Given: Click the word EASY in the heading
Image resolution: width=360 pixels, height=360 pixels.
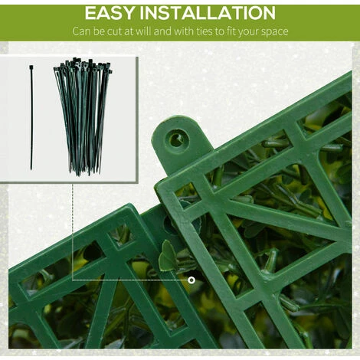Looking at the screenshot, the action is [x=109, y=13].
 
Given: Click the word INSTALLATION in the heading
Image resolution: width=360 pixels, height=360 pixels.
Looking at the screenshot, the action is [x=208, y=13].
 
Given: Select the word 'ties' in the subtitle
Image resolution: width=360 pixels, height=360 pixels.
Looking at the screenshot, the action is [x=204, y=31].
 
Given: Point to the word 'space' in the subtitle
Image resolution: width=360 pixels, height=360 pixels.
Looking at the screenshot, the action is [x=276, y=32].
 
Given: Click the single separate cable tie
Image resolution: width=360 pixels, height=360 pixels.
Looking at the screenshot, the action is [x=31, y=117].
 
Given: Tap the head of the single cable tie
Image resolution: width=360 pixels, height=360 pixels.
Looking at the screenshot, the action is [x=31, y=67].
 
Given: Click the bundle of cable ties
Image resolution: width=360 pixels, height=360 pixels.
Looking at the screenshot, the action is [x=83, y=116].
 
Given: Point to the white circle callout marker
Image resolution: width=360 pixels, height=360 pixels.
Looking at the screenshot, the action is [x=191, y=280].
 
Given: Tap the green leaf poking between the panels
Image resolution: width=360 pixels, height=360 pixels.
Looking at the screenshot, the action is [x=168, y=256].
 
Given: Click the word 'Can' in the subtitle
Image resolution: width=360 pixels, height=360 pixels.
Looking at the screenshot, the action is [x=81, y=31].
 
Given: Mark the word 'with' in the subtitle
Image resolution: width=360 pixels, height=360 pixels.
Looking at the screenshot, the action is [x=182, y=31].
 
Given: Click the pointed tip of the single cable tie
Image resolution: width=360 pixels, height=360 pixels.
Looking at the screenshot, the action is [x=31, y=169].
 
